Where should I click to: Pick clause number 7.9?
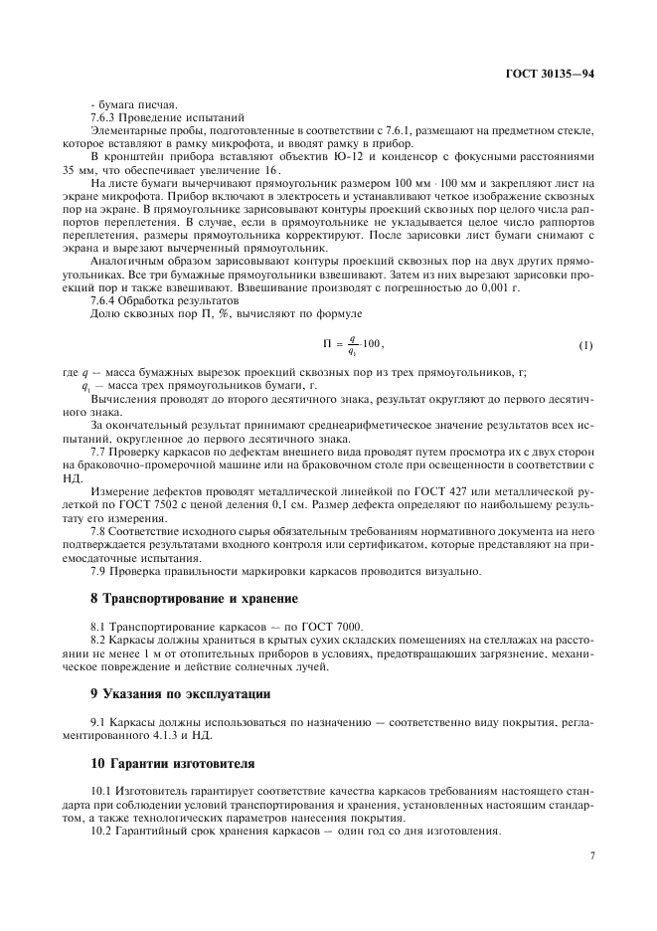click(x=100, y=570)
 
